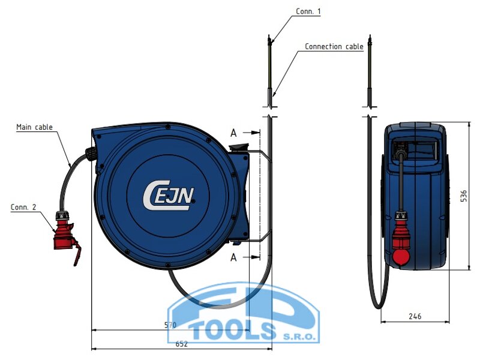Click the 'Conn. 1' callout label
tap(308, 11)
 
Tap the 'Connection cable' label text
tap(334, 47)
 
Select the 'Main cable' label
tap(34, 127)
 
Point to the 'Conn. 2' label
tap(23, 207)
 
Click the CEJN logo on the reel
tap(169, 196)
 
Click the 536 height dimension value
tap(463, 196)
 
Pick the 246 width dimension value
tap(415, 316)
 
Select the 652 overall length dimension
tap(181, 344)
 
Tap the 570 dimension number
tap(170, 325)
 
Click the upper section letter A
tap(233, 133)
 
